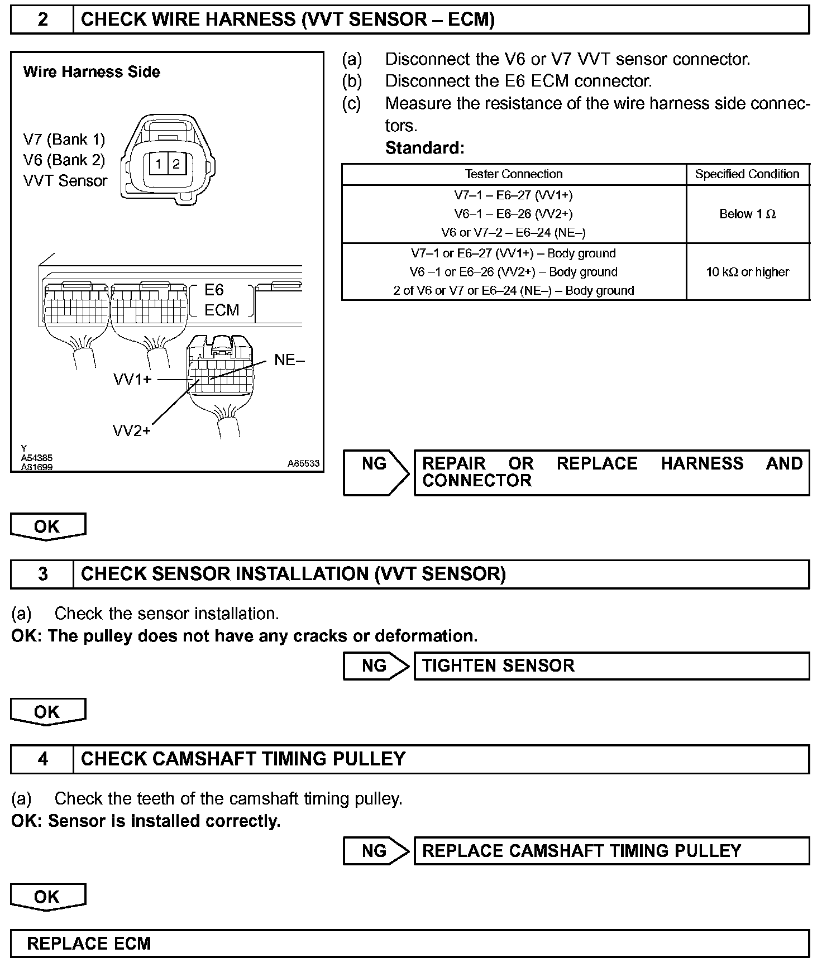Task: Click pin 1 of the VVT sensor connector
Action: pos(159,164)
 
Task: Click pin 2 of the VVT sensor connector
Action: pos(176,164)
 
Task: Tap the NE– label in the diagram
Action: pos(289,360)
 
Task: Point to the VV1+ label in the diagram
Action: pos(132,380)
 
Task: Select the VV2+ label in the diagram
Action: pos(132,430)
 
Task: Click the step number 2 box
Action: pos(42,20)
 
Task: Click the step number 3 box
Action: pos(42,574)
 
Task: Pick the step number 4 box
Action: pos(42,759)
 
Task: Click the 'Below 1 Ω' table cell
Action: pos(747,214)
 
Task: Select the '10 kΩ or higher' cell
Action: pos(747,272)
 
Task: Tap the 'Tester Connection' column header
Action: pos(513,174)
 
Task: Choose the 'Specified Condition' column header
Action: pos(747,174)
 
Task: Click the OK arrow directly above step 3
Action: pos(47,526)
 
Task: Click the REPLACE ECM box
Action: pos(410,944)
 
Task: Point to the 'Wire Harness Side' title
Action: pos(92,72)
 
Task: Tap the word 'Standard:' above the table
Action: pos(424,148)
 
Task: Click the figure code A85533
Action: pos(303,463)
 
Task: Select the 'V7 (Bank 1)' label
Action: pos(64,139)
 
